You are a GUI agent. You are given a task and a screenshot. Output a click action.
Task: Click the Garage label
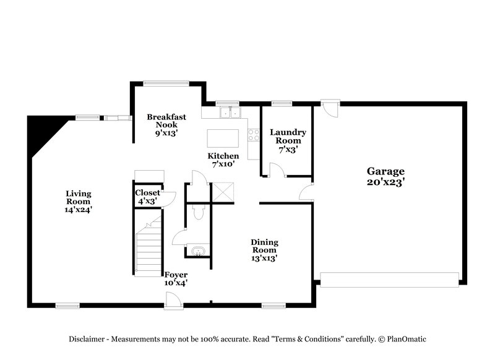[385, 171]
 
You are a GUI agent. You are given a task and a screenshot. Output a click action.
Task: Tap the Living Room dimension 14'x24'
[78, 210]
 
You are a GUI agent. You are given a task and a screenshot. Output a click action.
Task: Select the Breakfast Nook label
[166, 121]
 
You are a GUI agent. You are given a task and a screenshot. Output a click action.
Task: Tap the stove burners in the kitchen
[253, 134]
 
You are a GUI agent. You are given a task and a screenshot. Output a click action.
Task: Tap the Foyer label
[176, 275]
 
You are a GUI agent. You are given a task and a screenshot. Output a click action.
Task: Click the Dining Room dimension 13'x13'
[264, 259]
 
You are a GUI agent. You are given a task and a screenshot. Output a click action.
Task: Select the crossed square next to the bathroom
[222, 192]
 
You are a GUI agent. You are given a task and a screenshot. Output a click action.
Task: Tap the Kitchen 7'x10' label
[223, 164]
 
